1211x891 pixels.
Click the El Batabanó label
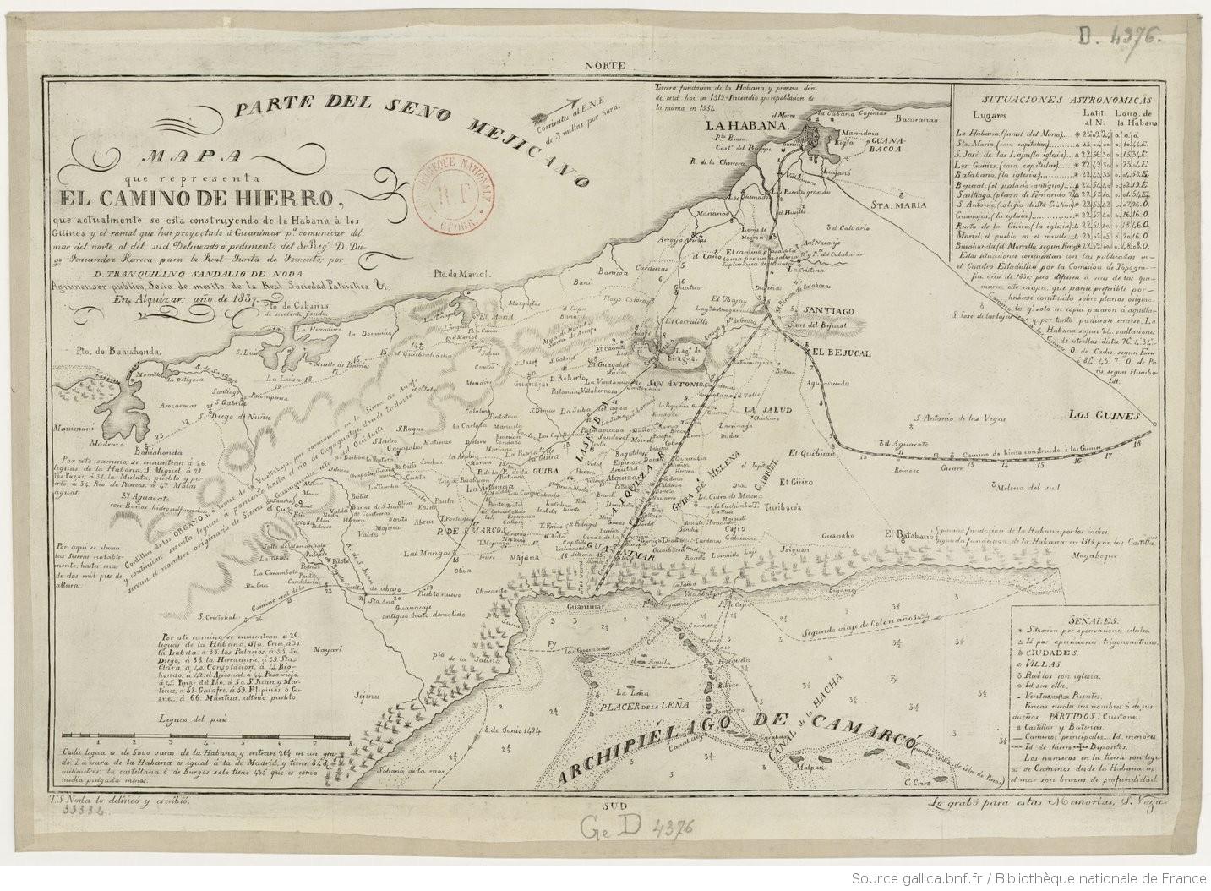pos(907,534)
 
